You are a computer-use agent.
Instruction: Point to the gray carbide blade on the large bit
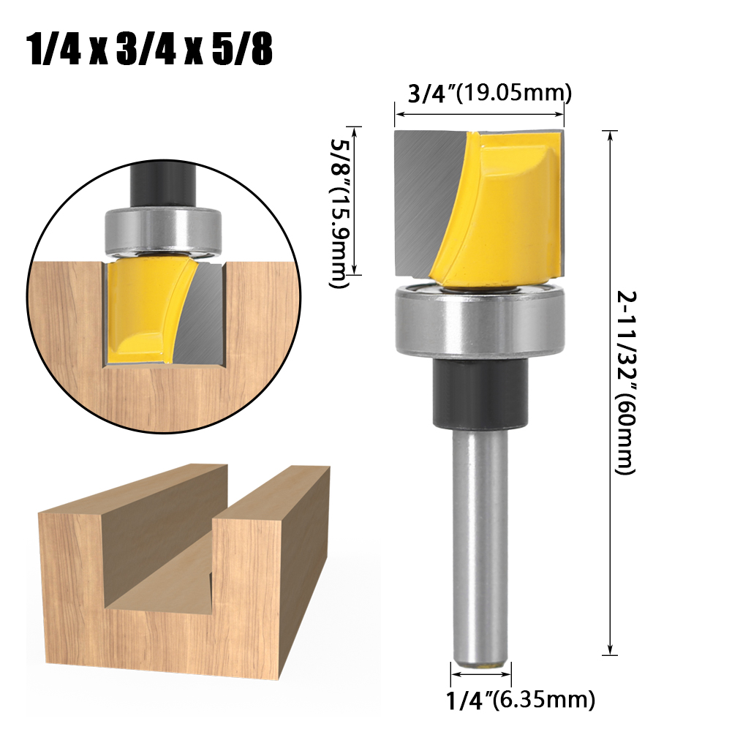pos(424,197)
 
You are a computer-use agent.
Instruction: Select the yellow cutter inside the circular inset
pos(143,307)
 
